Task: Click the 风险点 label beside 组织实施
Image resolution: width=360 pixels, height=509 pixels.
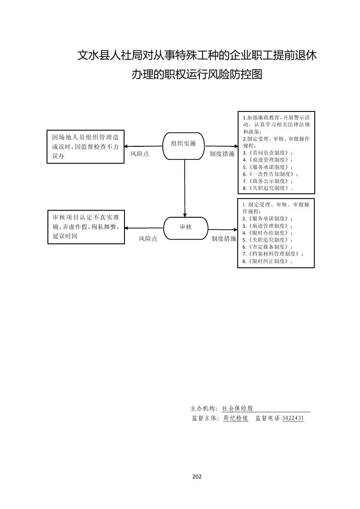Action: pos(139,154)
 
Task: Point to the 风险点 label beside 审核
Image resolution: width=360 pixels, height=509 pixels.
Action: pos(148,239)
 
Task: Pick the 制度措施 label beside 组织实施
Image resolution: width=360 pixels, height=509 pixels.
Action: pos(222,154)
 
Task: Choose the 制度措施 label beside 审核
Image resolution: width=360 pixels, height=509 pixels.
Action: pos(224,239)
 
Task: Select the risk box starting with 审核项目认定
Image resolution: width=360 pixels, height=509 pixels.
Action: pos(85,227)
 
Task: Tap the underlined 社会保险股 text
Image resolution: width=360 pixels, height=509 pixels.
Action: pos(237,409)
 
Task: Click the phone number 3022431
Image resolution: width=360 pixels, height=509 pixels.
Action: pos(293,418)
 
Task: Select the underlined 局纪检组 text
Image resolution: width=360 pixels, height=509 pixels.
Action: pos(236,418)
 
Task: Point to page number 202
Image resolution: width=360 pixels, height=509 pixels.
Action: pos(197,477)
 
